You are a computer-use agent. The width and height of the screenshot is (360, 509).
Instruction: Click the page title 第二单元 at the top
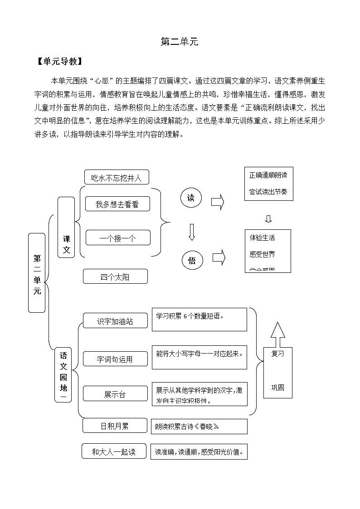[x=180, y=42]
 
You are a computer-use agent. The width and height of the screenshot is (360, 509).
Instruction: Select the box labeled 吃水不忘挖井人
[x=117, y=178]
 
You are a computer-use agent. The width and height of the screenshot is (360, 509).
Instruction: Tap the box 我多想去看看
[x=117, y=204]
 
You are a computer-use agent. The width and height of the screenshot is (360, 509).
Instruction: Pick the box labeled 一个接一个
[x=117, y=238]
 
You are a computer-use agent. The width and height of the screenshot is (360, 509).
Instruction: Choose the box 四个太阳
[x=115, y=276]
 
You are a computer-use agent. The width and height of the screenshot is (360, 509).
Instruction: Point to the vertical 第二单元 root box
[x=37, y=273]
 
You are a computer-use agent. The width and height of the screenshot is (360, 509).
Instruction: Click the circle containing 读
[x=191, y=198]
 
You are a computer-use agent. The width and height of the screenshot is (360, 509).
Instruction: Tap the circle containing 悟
[x=192, y=260]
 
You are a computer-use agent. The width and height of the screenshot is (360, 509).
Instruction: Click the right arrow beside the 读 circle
[x=218, y=202]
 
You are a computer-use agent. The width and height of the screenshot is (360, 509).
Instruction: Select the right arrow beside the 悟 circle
[x=219, y=257]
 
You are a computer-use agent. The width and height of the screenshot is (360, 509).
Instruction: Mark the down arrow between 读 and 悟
[x=191, y=232]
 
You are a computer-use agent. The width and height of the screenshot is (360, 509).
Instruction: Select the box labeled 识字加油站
[x=115, y=321]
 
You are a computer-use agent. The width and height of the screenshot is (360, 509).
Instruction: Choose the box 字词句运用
[x=115, y=359]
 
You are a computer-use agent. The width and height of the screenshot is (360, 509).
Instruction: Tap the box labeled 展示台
[x=115, y=394]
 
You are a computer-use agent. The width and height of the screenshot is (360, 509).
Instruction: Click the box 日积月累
[x=115, y=426]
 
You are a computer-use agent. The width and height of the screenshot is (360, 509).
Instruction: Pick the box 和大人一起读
[x=114, y=451]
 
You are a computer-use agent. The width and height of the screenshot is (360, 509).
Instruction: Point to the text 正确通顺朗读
[x=268, y=175]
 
